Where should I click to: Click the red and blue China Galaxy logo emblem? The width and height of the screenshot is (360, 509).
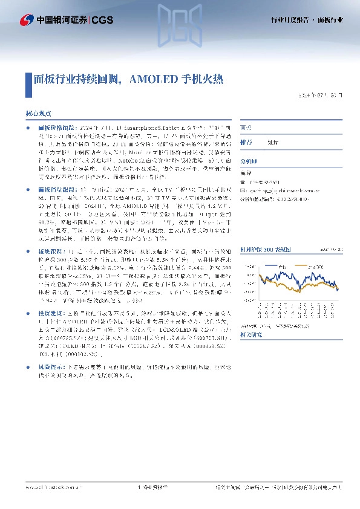pyautogui.click(x=27, y=20)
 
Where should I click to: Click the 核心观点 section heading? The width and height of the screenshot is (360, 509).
pyautogui.click(x=38, y=113)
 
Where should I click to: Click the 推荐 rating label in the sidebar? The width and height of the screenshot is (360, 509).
pyautogui.click(x=246, y=141)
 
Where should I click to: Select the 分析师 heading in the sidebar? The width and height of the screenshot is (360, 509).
pyautogui.click(x=249, y=161)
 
